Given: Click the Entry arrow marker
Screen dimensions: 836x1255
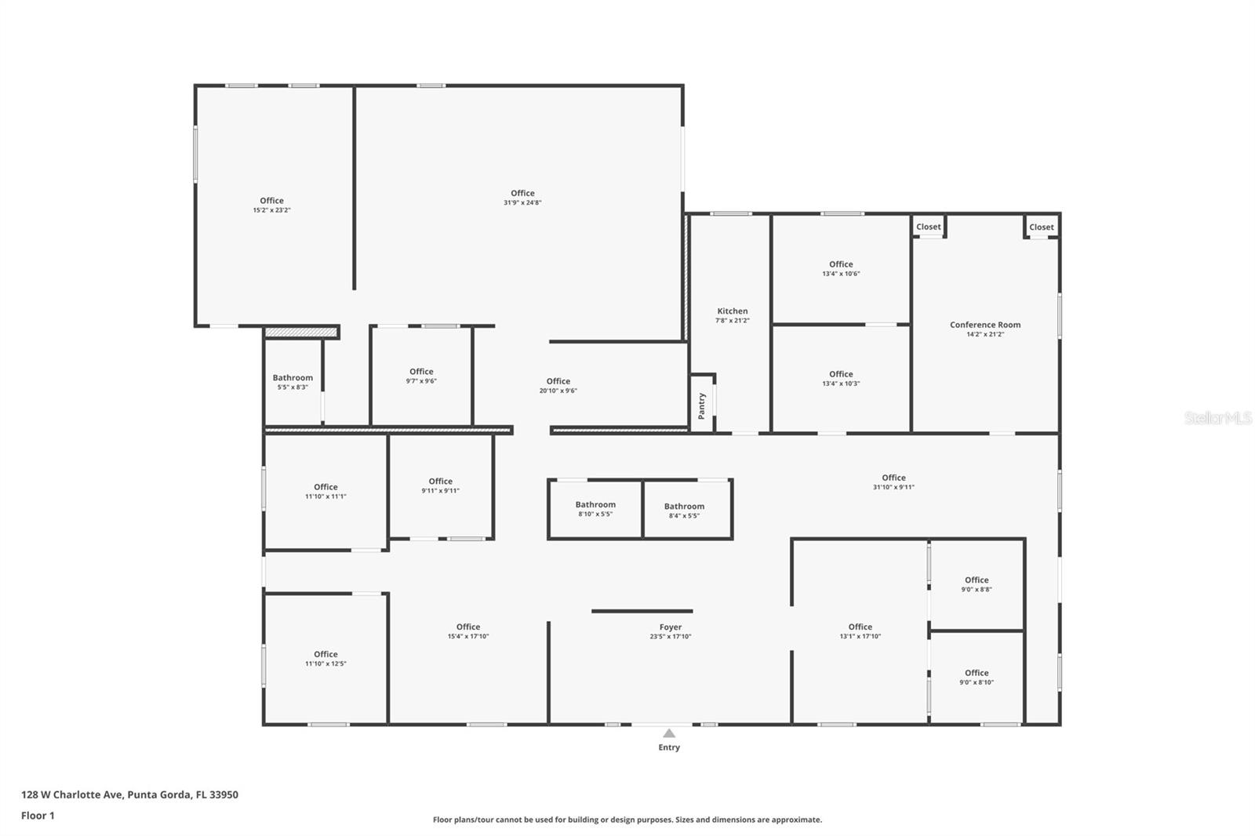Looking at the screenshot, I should pyautogui.click(x=669, y=734).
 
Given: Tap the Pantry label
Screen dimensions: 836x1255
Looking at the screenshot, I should pyautogui.click(x=702, y=404).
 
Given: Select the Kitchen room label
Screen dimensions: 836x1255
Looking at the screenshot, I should pyautogui.click(x=732, y=311).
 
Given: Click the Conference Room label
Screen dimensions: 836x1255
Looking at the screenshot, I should pyautogui.click(x=985, y=325).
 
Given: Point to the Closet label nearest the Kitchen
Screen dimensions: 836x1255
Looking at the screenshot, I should pyautogui.click(x=928, y=227).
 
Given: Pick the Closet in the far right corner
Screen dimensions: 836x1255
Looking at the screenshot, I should pyautogui.click(x=1041, y=227).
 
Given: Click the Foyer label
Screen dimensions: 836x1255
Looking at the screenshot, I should pyautogui.click(x=670, y=627).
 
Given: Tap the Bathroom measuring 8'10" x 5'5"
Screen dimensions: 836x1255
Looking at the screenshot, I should pyautogui.click(x=595, y=505).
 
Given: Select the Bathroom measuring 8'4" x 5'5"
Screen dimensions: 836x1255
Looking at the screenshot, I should pyautogui.click(x=684, y=507).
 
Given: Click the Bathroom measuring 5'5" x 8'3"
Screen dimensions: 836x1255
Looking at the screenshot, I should pyautogui.click(x=293, y=378).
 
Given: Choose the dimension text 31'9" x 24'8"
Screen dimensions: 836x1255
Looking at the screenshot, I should pyautogui.click(x=522, y=203).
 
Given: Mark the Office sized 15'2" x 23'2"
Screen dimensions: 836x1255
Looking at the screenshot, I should pyautogui.click(x=271, y=201).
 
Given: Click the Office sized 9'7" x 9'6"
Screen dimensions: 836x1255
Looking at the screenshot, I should pyautogui.click(x=421, y=372).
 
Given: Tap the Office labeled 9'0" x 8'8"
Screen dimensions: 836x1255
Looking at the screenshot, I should pyautogui.click(x=977, y=580).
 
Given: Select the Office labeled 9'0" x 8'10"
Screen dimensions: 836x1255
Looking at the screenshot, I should pyautogui.click(x=977, y=673).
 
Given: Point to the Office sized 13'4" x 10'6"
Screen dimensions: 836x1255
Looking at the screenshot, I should pyautogui.click(x=841, y=264).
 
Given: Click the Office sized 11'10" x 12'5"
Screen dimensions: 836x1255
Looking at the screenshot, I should pyautogui.click(x=326, y=654).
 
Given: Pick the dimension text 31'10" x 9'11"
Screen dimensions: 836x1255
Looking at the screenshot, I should pyautogui.click(x=893, y=487).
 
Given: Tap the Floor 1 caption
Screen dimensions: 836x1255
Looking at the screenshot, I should pyautogui.click(x=38, y=816).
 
